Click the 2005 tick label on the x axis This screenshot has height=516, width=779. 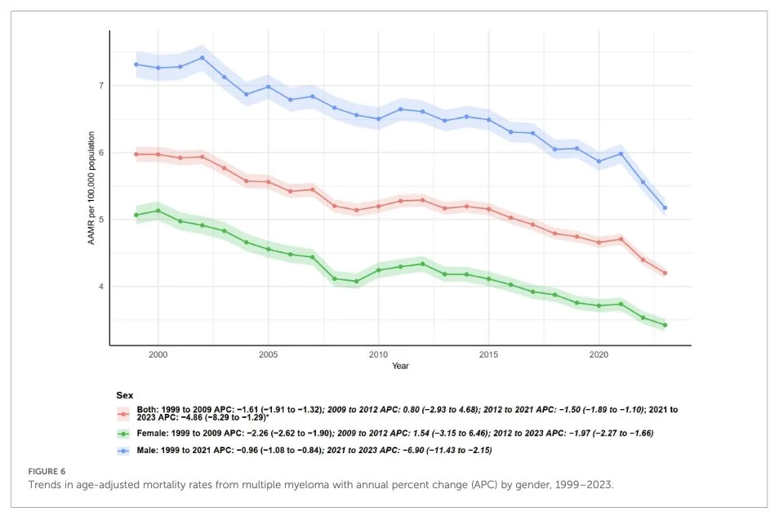tap(268, 356)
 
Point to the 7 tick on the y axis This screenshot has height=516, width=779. tap(100, 86)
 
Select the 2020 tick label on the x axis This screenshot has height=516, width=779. tap(599, 356)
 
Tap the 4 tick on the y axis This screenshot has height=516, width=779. tap(100, 287)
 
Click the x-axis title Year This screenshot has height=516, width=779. tap(400, 367)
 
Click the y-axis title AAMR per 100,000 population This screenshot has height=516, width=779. tap(92, 189)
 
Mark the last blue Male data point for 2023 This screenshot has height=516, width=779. tap(665, 207)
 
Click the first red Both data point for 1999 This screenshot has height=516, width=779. tap(136, 154)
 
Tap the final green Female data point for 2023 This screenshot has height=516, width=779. tap(665, 325)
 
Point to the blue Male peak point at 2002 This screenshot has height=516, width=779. tap(202, 57)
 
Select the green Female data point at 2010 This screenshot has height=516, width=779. tap(378, 270)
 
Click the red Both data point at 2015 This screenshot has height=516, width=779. tap(488, 209)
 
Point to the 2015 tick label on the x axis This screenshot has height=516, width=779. tap(488, 356)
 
